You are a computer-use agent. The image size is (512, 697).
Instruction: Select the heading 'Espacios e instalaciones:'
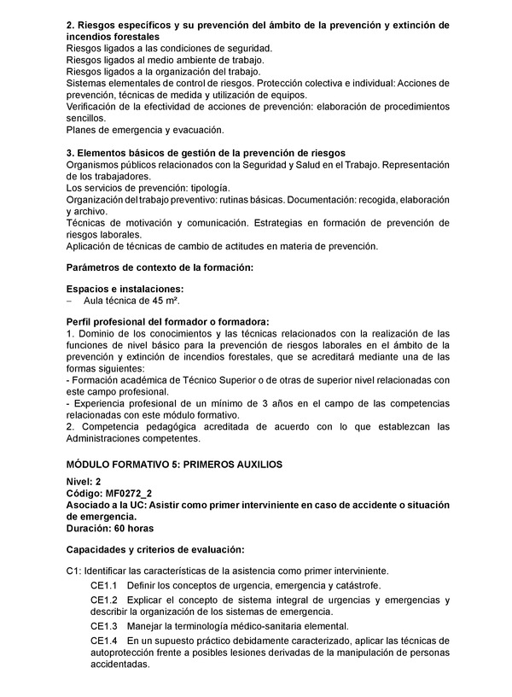(125, 290)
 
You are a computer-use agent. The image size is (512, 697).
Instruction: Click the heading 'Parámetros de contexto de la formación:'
(160, 267)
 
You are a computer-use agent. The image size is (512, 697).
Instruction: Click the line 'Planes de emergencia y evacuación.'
(144, 130)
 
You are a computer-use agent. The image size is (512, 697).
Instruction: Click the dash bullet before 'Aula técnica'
(70, 302)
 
